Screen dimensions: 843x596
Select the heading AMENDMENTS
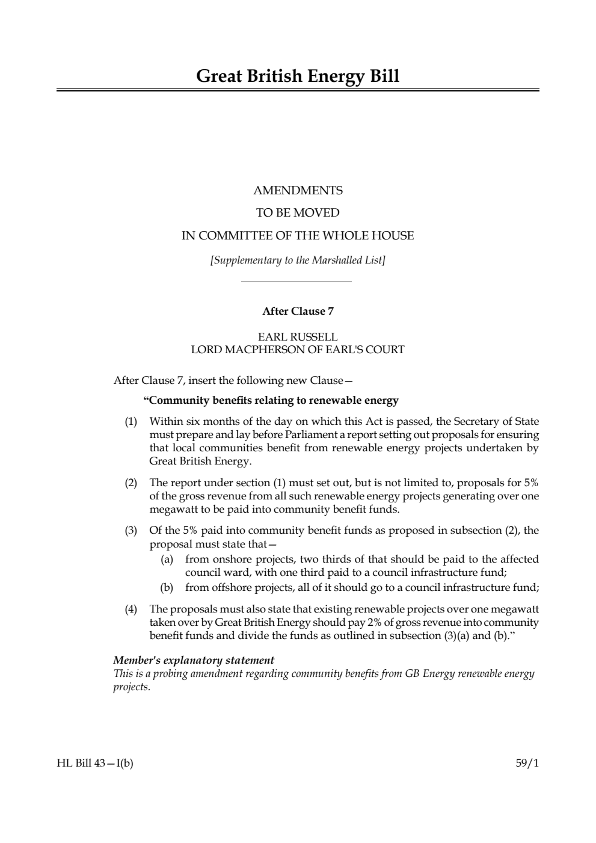298,191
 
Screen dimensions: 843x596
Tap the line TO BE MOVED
298,213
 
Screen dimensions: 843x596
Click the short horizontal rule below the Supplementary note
296,282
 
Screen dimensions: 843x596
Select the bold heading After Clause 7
298,311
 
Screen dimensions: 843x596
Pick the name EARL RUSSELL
298,337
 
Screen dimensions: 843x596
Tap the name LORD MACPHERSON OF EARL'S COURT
298,350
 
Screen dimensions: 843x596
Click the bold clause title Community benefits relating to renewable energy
271,400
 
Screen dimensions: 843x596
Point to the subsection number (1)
131,421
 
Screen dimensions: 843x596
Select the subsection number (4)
131,610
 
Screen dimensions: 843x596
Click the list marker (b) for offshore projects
167,587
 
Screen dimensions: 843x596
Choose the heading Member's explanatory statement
194,661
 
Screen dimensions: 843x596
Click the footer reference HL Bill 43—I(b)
95,764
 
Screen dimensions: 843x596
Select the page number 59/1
527,764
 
